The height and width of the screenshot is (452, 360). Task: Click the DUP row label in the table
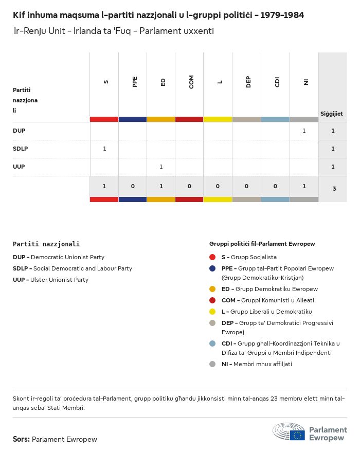[x=19, y=131]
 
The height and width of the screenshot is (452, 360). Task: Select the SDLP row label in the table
[x=21, y=149]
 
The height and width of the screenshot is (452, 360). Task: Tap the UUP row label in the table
[x=19, y=167]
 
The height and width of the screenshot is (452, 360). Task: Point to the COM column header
[x=191, y=82]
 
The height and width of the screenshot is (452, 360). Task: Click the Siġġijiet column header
[x=332, y=114]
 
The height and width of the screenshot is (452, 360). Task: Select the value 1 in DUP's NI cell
[x=304, y=131]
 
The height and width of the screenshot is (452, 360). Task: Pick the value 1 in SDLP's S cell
[x=104, y=149]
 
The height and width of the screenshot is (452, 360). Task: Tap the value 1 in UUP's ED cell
[x=161, y=167]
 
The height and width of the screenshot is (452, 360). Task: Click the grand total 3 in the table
[x=334, y=189]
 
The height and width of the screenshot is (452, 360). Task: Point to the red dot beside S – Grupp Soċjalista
[x=212, y=257]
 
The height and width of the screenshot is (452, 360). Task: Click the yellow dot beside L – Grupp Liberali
[x=212, y=312]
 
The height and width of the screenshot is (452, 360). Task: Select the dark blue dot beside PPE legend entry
[x=212, y=268]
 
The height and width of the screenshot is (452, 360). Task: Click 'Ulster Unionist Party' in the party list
[x=59, y=280]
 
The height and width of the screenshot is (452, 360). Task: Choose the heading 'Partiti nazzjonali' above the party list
[x=46, y=244]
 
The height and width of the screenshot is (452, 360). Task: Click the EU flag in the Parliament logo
[x=297, y=435]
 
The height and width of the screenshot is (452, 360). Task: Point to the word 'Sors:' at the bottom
[x=21, y=439]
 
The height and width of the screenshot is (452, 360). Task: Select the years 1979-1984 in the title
[x=282, y=15]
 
